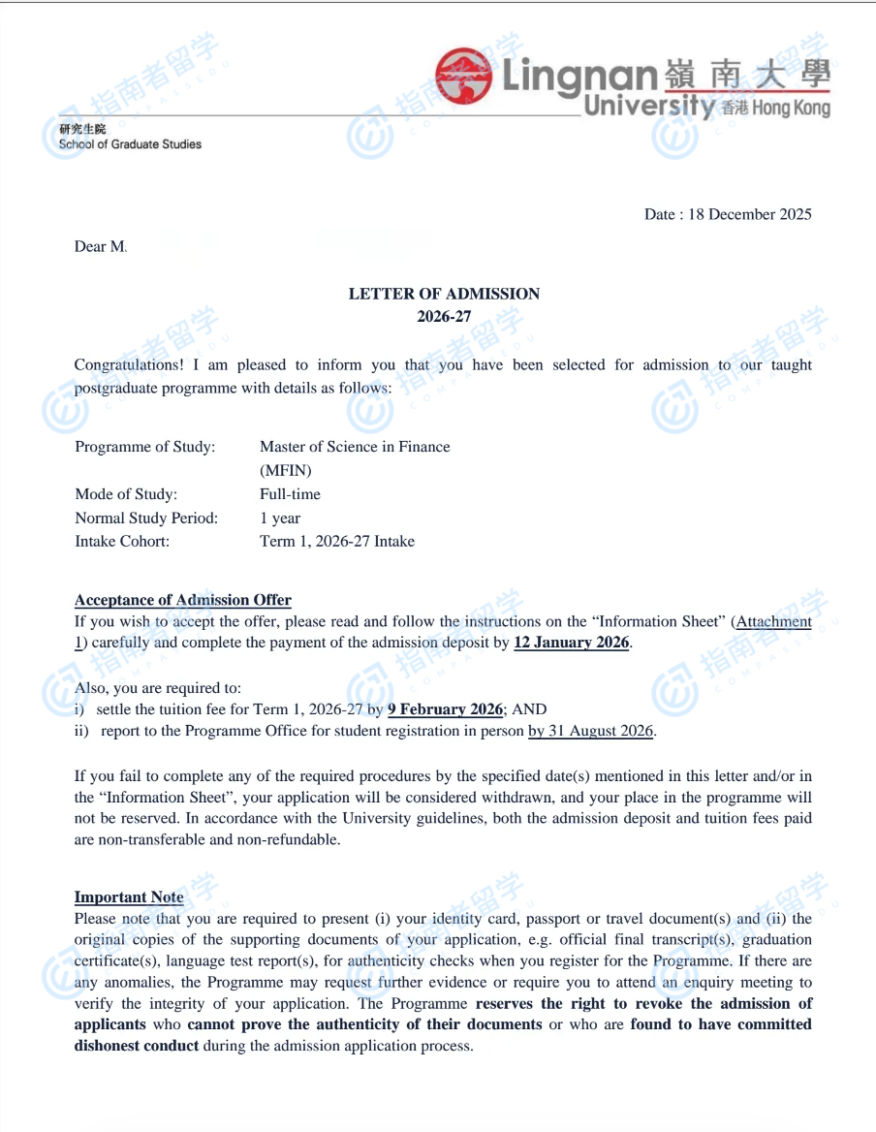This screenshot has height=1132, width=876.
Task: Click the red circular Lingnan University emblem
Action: pos(464,76)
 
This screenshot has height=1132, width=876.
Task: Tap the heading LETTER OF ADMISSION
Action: pos(444,294)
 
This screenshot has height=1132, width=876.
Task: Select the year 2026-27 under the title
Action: pos(444,317)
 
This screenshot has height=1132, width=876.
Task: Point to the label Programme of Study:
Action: pos(145,447)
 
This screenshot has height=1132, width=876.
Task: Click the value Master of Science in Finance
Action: pos(355,447)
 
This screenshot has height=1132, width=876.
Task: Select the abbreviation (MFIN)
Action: pos(286,470)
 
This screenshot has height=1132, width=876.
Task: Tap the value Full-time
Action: pos(290,494)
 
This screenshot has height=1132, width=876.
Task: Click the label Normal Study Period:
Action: pos(146,518)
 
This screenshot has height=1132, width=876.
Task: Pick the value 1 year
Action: pos(280,518)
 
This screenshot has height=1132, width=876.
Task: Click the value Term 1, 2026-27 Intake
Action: pos(337,541)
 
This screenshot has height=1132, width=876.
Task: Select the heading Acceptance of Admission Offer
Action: pos(183,600)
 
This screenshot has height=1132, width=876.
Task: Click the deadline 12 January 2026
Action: pos(572,643)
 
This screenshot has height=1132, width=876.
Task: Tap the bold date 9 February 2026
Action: pos(446,709)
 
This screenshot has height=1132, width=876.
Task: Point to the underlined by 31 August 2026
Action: pos(591,731)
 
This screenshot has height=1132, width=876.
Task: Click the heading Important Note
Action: pos(129,897)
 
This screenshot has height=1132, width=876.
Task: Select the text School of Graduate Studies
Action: pos(130,144)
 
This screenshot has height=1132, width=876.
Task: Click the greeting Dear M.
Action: pos(101,247)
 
